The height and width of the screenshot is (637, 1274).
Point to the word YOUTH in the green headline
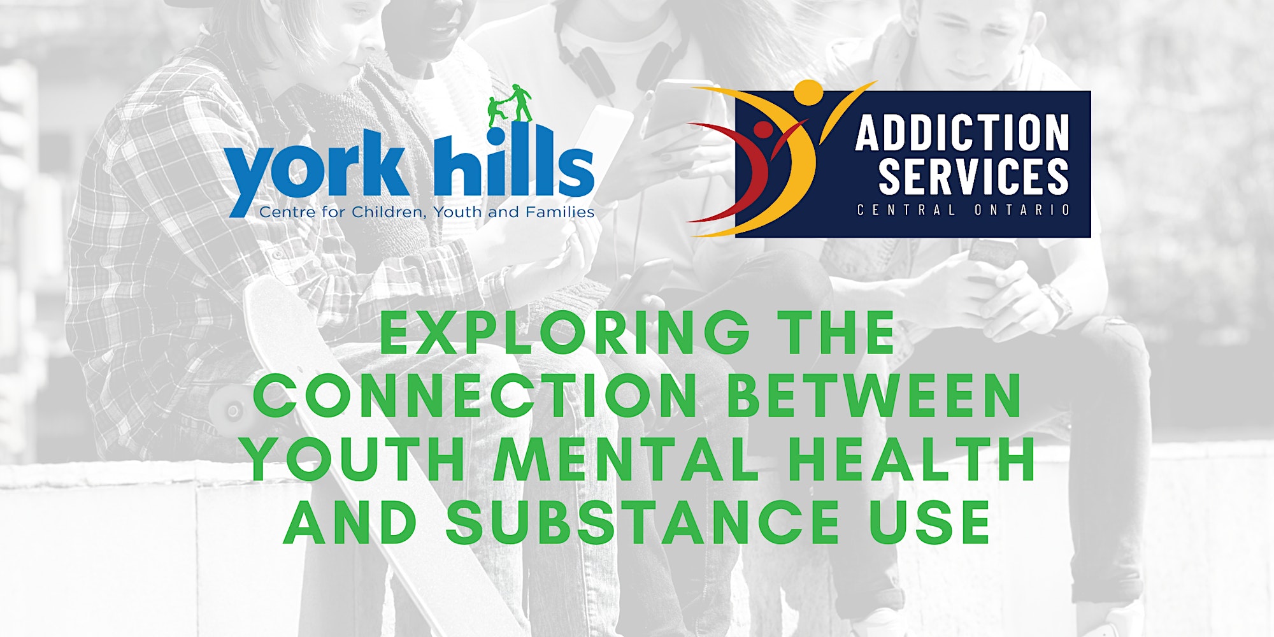354,459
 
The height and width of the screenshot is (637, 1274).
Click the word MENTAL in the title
627,459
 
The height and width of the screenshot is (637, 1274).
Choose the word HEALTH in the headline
911,459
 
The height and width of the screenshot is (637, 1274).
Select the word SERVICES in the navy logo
973,176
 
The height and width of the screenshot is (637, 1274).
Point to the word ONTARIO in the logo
1022,210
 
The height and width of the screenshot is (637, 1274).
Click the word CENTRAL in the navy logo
906,210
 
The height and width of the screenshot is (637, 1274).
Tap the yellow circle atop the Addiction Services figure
810,92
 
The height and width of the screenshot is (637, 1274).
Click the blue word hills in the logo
514,161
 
